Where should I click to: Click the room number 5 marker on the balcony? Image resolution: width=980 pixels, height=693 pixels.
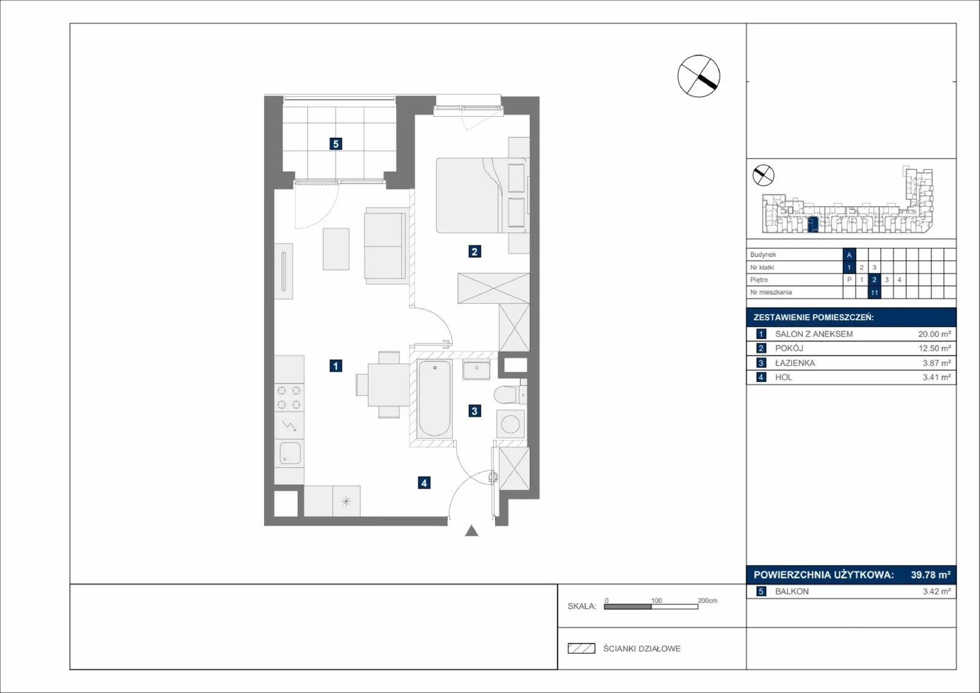tap(336, 144)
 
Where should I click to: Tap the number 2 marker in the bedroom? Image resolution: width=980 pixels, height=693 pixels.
tap(475, 252)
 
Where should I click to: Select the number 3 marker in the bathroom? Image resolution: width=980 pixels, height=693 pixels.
tap(475, 411)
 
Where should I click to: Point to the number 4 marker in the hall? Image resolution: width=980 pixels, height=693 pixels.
tap(424, 482)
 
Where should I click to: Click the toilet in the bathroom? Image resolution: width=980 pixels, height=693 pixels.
tap(510, 394)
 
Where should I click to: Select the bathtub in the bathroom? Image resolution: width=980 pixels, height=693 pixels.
tap(434, 399)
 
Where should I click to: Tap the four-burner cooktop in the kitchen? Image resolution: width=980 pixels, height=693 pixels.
tap(289, 397)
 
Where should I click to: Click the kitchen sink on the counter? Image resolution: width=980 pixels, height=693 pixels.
tap(290, 453)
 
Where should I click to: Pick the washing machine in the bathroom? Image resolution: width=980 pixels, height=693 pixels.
tap(511, 424)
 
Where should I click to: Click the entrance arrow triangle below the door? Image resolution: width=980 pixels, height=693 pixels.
tap(472, 531)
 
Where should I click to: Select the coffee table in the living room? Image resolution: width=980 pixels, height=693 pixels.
tap(336, 249)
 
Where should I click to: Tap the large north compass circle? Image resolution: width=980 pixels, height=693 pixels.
tap(699, 76)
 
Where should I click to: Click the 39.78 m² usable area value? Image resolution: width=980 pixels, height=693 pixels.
tap(930, 574)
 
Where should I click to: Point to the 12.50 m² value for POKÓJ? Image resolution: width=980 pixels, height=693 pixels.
tap(935, 348)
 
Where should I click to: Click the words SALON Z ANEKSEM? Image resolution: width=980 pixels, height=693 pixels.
tap(814, 334)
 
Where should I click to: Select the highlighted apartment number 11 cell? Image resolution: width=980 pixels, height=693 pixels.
tap(874, 293)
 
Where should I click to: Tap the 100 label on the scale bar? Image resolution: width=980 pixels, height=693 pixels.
tap(656, 601)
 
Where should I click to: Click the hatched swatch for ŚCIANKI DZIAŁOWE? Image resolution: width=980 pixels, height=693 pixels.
tap(581, 648)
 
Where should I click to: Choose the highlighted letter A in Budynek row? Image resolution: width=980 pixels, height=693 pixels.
tap(849, 255)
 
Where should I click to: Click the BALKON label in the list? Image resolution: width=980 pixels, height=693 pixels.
tap(792, 591)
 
